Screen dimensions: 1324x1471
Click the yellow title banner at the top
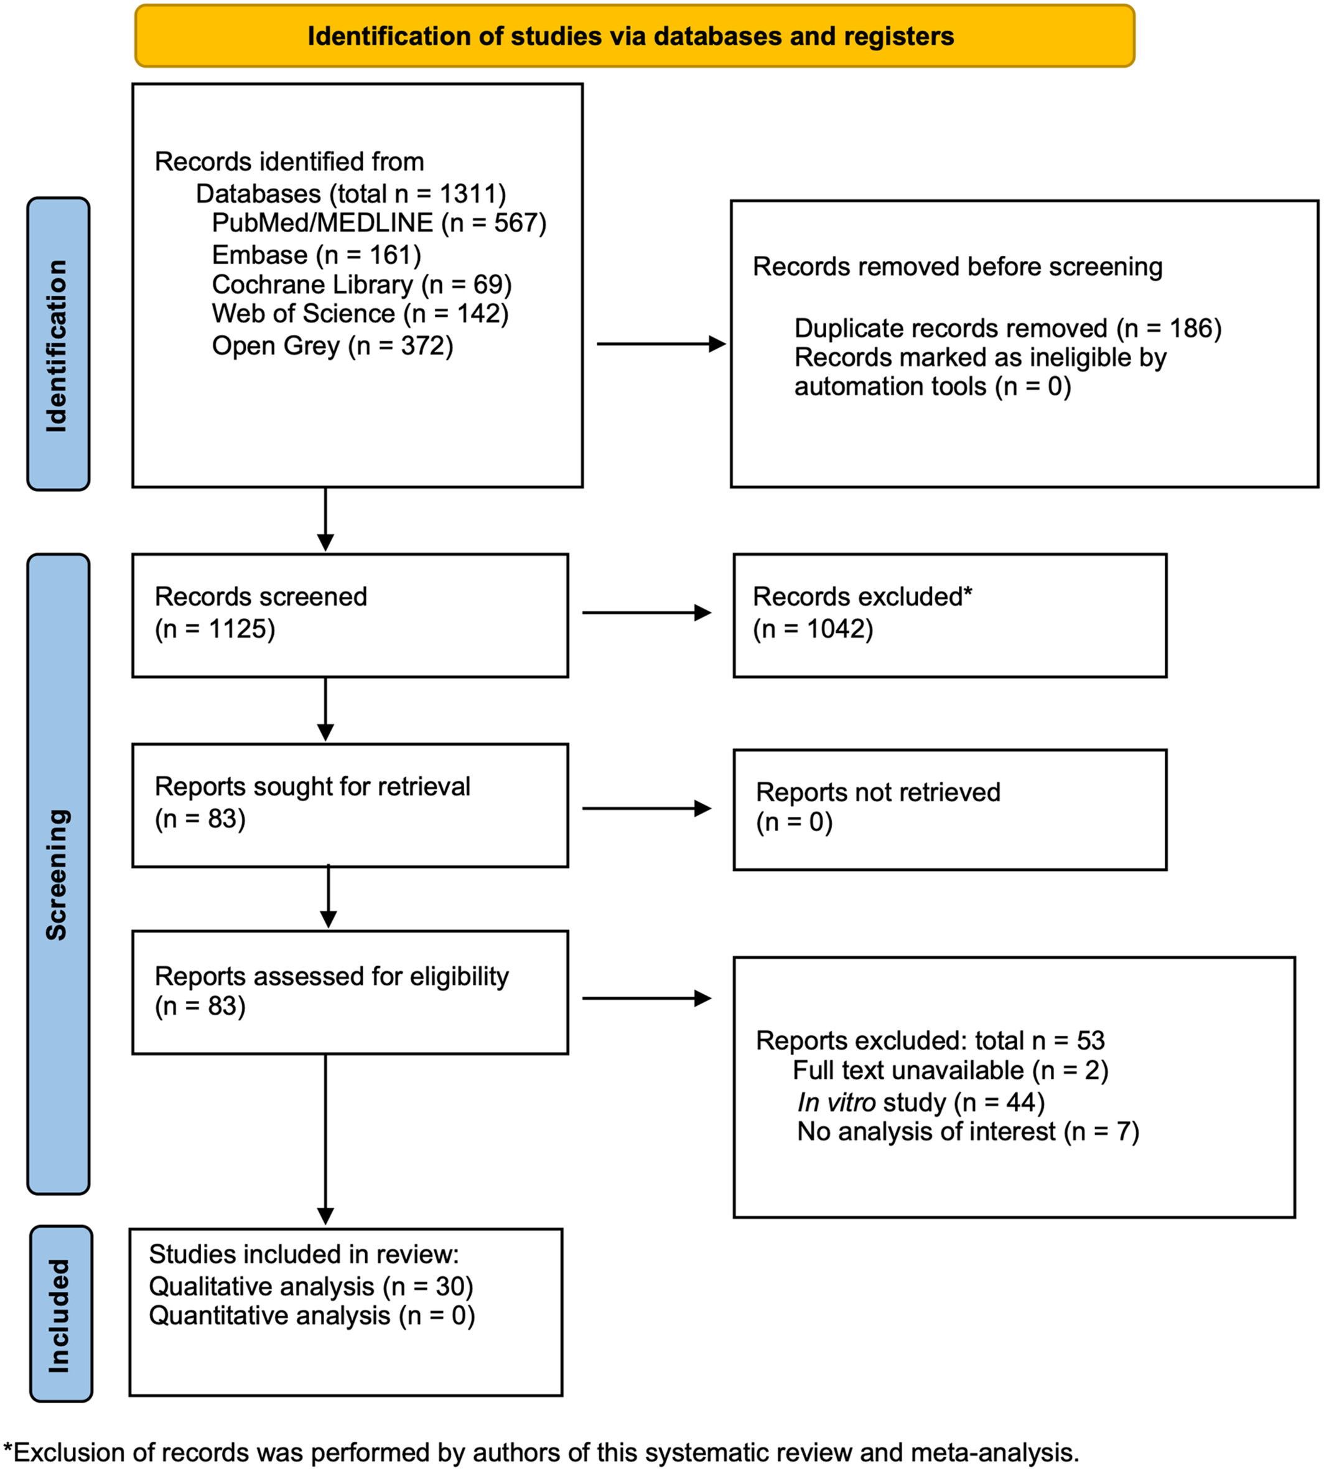pos(635,35)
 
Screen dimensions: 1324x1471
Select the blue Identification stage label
pos(58,344)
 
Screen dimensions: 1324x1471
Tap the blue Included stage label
pos(61,1314)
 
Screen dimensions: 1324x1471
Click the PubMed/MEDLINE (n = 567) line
pos(379,223)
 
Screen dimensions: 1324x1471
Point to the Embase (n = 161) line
pos(317,255)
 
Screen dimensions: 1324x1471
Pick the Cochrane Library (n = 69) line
pos(361,284)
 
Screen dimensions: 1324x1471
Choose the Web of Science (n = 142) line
pos(360,314)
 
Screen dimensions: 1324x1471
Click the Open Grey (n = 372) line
pos(332,345)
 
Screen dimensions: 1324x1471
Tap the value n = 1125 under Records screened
pos(215,629)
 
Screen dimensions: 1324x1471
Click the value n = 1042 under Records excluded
pos(813,629)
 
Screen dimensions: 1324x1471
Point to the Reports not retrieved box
pos(950,809)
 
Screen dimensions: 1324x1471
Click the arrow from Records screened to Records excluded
pos(646,613)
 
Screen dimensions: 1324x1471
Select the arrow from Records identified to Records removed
pos(661,344)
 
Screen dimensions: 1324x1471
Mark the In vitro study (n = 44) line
pos(921,1102)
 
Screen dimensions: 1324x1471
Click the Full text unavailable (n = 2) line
pos(950,1071)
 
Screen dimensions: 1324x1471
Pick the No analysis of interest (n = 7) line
pos(968,1132)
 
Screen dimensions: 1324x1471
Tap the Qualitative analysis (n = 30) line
pos(311,1286)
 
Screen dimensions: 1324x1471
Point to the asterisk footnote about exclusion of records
pos(541,1452)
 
